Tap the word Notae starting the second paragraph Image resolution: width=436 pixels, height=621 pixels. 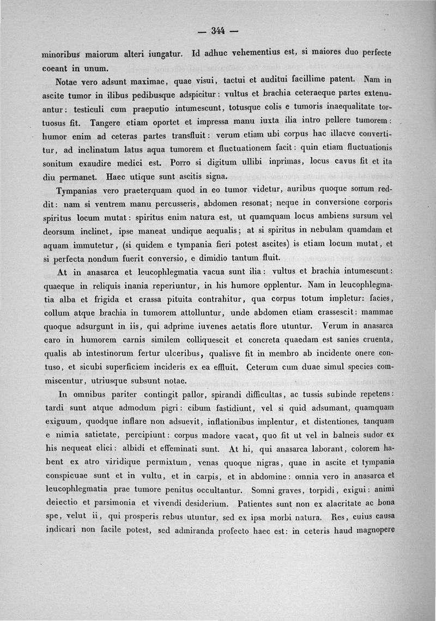[68, 83]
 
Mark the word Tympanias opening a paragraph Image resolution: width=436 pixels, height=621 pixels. [78, 190]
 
